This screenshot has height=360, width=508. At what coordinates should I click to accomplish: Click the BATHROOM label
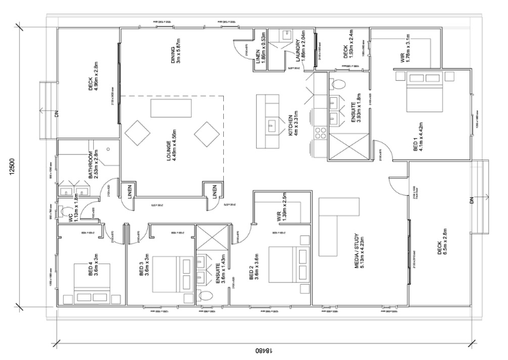click(92, 168)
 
